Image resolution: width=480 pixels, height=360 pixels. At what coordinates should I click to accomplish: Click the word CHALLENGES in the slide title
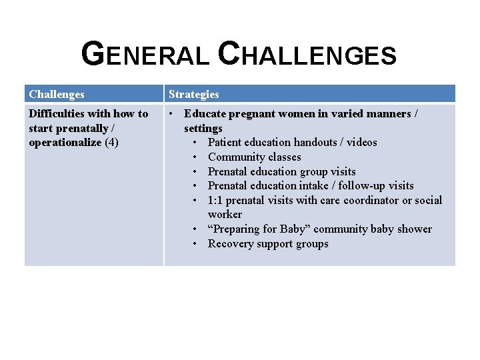point(307,55)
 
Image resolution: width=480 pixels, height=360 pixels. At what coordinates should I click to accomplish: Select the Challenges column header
point(57,94)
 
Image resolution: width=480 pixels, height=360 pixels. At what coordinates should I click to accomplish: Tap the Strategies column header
point(193,94)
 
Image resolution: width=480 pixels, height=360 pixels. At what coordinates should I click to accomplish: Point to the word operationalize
point(65,142)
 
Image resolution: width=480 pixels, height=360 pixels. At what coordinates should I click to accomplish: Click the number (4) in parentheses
point(111,142)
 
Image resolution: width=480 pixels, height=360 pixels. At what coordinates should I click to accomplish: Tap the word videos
point(361,142)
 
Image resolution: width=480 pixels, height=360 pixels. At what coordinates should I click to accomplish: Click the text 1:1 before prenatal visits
point(216,200)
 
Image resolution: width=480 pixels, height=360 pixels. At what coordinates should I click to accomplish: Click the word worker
point(225,214)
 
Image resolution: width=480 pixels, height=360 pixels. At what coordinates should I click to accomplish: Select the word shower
point(415,229)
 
